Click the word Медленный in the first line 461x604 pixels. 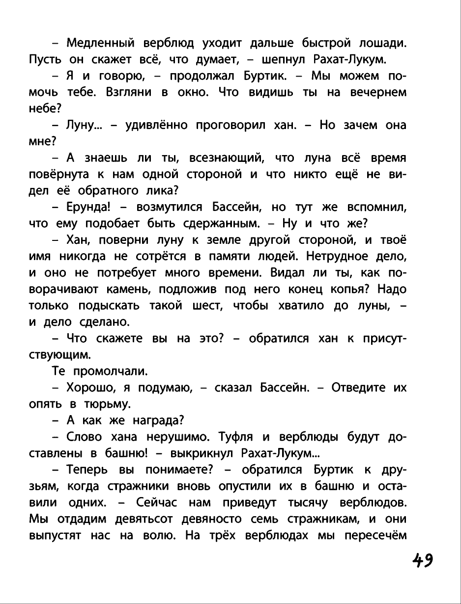[100, 43]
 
